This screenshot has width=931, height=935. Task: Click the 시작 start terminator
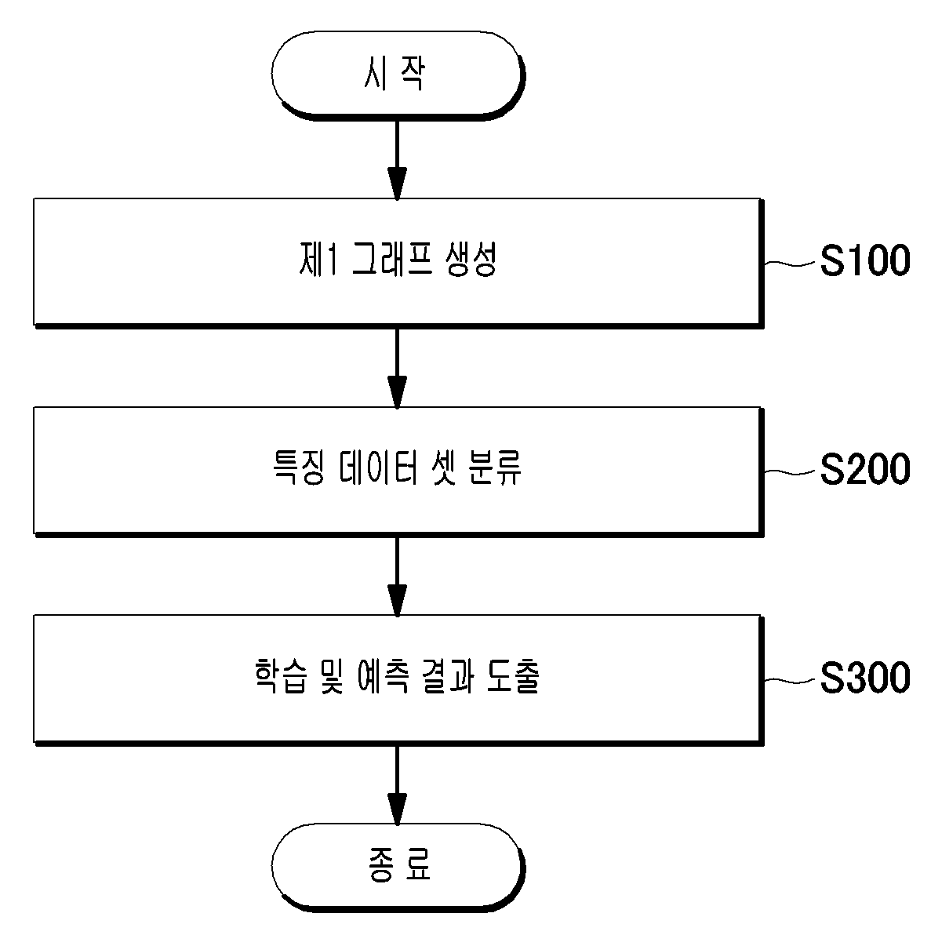[x=398, y=76]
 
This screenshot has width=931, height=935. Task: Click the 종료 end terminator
[x=398, y=868]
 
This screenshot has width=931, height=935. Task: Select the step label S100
[x=865, y=260]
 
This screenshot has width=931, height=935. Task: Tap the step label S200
[x=865, y=469]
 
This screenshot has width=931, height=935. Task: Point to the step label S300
[x=865, y=678]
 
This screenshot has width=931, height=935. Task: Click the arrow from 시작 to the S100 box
[x=397, y=159]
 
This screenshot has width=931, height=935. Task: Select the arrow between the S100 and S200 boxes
[x=397, y=368]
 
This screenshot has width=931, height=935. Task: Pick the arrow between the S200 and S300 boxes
[x=397, y=576]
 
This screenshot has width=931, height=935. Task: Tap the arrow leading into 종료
[x=397, y=784]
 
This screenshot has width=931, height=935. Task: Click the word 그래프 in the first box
[x=392, y=260]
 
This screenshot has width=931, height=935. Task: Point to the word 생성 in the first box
[x=471, y=260]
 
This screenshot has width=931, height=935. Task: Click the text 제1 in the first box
[x=318, y=260]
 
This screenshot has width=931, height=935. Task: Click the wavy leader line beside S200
[x=790, y=471]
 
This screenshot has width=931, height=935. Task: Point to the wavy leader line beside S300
[x=790, y=680]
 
